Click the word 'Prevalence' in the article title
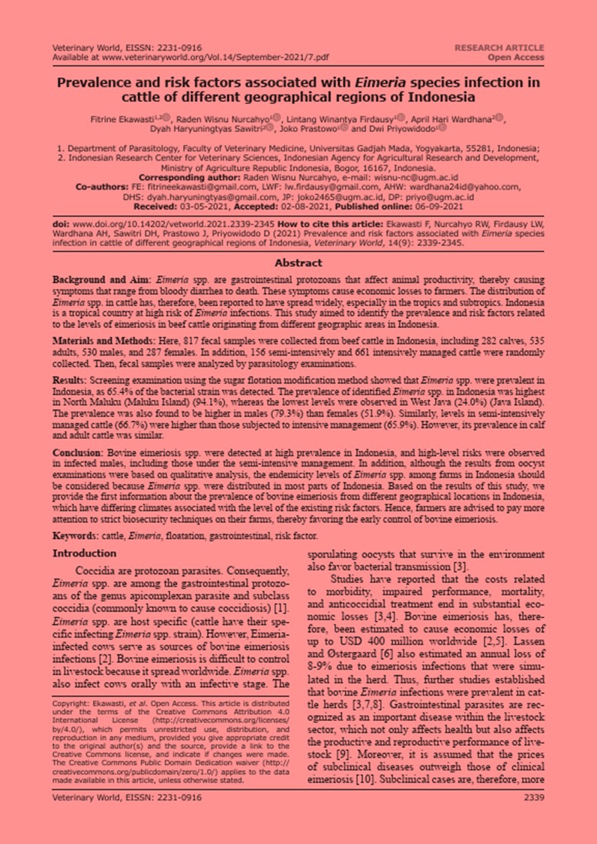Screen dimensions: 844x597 tap(97, 83)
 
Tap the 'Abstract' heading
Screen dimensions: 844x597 tap(298, 263)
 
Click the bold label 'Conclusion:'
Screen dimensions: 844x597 tap(79, 455)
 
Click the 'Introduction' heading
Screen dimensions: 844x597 tap(84, 554)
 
